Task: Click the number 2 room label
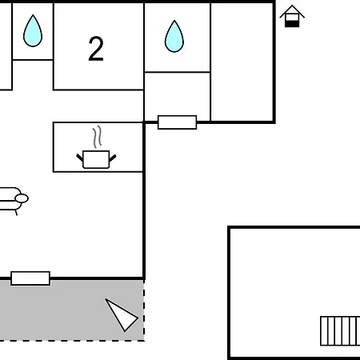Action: click(96, 49)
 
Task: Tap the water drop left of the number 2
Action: click(33, 31)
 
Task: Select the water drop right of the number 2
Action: click(174, 36)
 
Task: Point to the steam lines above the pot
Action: click(98, 137)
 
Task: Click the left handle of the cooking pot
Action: click(80, 158)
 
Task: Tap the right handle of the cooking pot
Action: click(113, 158)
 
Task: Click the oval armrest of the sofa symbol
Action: click(22, 198)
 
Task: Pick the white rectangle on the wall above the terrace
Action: click(30, 278)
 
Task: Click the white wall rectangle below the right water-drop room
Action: click(178, 122)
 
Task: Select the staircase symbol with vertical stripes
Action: click(340, 331)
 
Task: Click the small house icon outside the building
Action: click(292, 16)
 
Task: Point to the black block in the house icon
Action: click(292, 24)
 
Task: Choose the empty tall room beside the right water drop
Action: click(242, 62)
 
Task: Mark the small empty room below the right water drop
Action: click(178, 94)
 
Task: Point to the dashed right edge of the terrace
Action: click(144, 310)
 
